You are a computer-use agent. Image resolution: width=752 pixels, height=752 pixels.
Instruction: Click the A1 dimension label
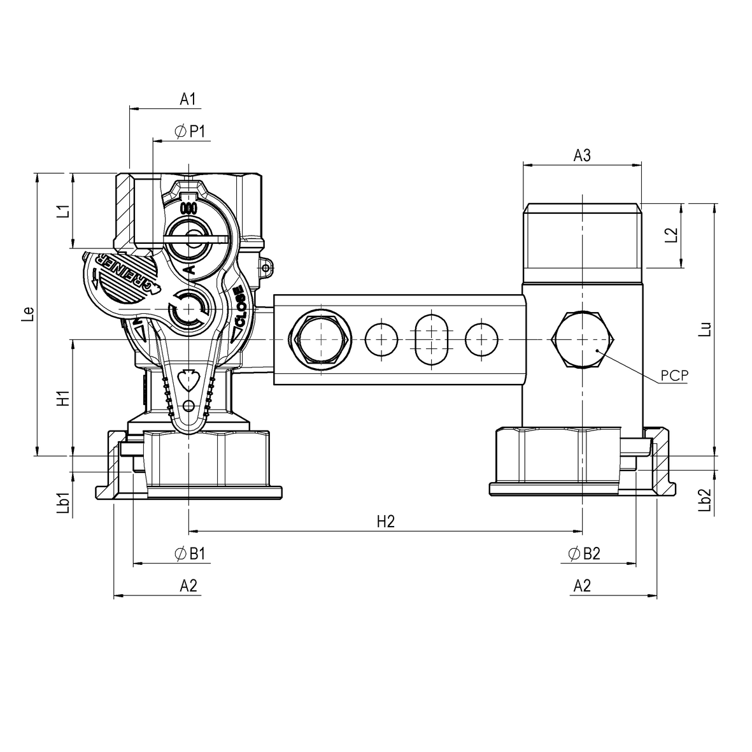(x=187, y=99)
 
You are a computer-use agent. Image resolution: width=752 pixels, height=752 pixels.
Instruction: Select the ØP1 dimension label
(x=190, y=132)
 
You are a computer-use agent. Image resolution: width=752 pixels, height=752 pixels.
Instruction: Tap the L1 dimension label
(x=62, y=211)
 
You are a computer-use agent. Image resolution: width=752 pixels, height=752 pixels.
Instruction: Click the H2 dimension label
(x=386, y=521)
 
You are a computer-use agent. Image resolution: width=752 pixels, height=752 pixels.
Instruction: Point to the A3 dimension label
(x=582, y=155)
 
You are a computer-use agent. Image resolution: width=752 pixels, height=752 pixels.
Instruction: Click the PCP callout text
(x=674, y=375)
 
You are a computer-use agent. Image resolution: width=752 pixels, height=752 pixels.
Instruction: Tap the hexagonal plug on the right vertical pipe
(x=582, y=340)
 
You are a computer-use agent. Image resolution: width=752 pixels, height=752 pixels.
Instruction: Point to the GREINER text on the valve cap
(x=125, y=274)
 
